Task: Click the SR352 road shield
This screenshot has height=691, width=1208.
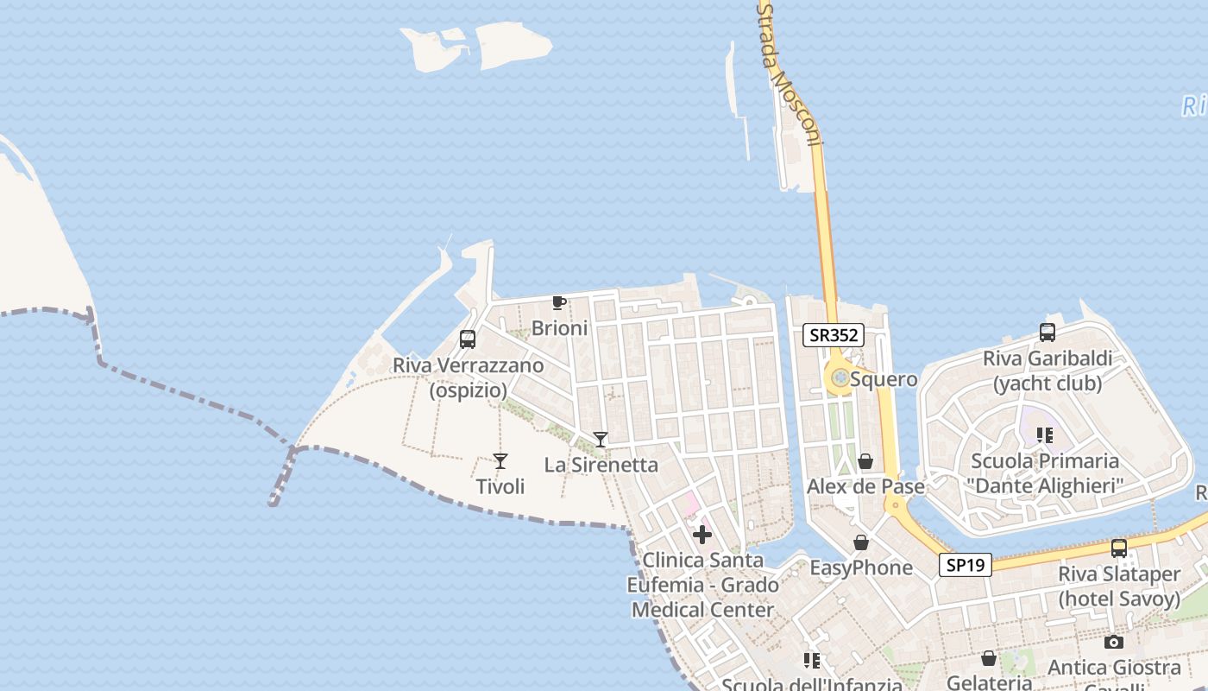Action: coord(834,335)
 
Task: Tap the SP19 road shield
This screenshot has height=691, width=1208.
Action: coord(966,565)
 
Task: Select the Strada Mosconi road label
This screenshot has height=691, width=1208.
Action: coord(790,73)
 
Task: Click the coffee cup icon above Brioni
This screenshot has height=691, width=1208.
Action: coord(558,302)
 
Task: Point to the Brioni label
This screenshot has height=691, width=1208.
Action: coord(559,328)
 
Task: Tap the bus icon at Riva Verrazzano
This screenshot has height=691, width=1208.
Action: coord(468,339)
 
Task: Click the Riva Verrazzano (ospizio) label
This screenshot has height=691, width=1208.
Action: coord(469,377)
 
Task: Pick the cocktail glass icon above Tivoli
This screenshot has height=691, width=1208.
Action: coord(500,461)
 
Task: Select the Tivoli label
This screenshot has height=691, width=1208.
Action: coord(500,486)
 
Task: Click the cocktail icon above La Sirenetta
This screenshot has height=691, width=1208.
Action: coord(601,440)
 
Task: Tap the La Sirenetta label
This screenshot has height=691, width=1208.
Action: coord(601,465)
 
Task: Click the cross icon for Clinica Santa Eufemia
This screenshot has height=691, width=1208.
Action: coord(702,535)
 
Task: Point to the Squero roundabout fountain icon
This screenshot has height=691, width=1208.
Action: coord(839,377)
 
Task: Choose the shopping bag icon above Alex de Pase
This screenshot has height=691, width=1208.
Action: coord(865,462)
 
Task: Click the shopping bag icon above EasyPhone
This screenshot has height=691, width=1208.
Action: coord(860,542)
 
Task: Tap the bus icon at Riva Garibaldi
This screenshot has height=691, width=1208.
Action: coord(1048,333)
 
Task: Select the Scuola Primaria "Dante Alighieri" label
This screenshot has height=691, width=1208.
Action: coord(1045,473)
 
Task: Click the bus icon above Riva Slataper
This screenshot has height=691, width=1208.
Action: coord(1119,548)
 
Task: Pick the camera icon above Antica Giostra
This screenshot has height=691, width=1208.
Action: coord(1114,642)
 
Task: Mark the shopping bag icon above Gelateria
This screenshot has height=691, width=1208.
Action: coord(989,658)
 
